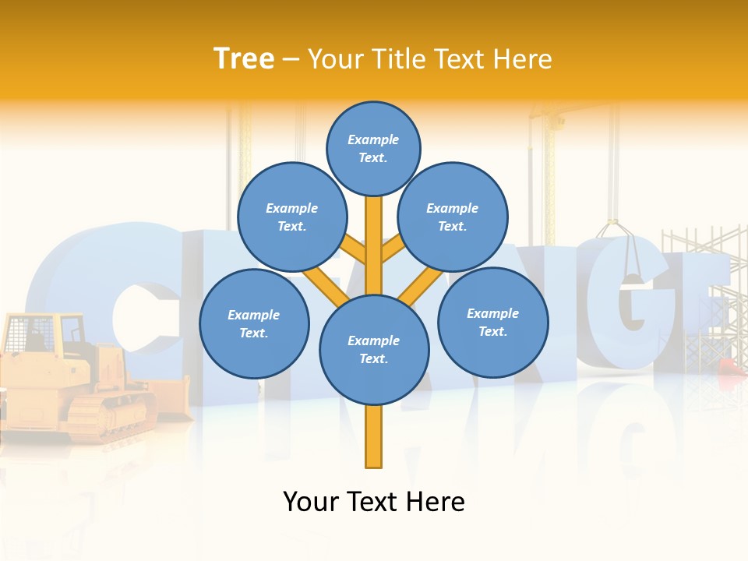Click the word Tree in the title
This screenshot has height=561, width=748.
(x=244, y=59)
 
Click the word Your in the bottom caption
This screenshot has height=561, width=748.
(x=311, y=502)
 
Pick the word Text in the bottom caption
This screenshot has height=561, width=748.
(x=373, y=502)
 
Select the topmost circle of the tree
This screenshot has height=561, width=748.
(x=373, y=148)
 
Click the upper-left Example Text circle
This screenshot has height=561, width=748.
(x=291, y=217)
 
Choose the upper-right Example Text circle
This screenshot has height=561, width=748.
(x=452, y=217)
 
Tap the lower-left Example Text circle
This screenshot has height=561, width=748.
(x=253, y=323)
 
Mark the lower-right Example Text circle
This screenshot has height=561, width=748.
(x=492, y=322)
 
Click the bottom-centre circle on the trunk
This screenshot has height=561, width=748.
(x=374, y=349)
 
